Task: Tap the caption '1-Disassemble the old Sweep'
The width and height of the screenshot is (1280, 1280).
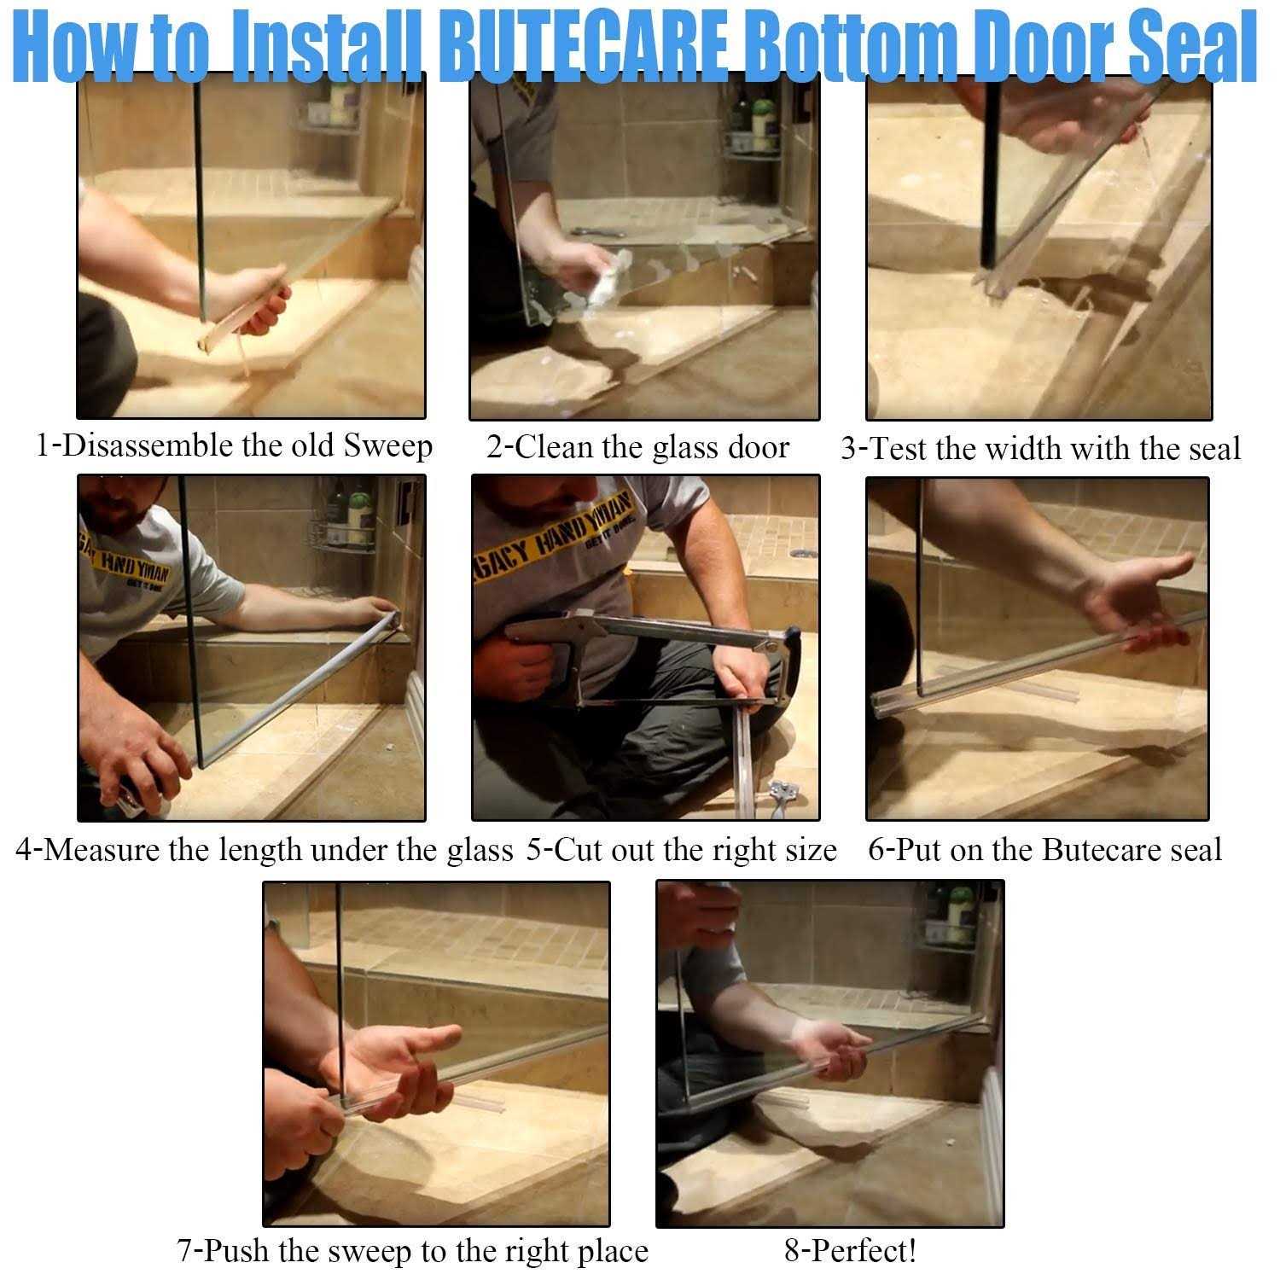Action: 234,446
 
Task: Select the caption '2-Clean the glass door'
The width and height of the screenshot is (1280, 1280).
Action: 637,447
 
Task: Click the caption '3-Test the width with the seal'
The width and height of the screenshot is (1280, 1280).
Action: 1040,448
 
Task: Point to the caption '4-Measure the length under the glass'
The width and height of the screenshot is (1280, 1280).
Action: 265,850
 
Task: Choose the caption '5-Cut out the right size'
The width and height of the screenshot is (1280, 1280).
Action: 681,850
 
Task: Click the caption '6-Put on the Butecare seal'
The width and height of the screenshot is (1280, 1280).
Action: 1044,850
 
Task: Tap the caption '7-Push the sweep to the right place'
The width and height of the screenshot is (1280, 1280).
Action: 412,1251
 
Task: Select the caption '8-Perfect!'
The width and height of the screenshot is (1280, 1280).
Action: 850,1251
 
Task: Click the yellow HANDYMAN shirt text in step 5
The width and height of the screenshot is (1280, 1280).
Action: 555,529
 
